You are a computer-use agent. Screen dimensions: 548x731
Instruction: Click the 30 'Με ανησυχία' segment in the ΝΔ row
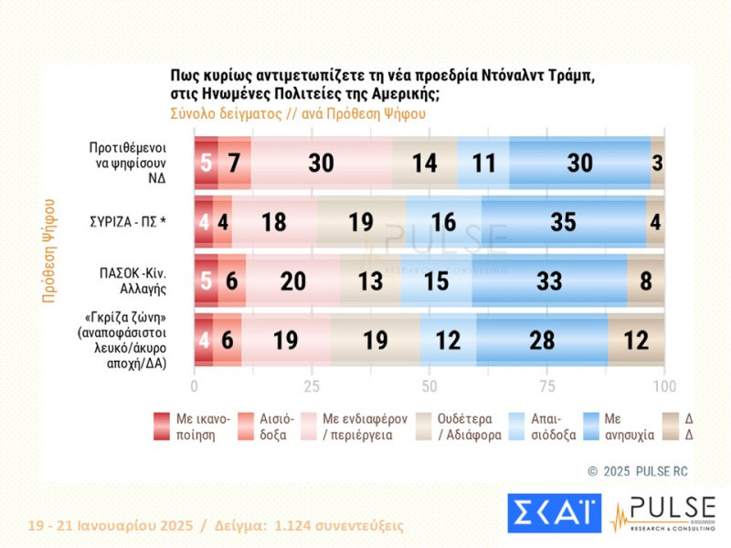(x=579, y=163)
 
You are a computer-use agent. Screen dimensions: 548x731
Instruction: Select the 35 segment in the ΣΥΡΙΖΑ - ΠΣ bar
(x=563, y=222)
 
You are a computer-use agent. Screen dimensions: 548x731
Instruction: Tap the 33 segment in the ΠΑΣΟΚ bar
(x=550, y=281)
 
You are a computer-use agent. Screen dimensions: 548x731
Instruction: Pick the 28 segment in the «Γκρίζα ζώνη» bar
(x=541, y=341)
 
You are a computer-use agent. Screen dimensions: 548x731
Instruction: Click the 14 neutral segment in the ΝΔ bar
(x=424, y=163)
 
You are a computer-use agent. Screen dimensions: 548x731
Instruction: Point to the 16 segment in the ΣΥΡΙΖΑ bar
(x=443, y=222)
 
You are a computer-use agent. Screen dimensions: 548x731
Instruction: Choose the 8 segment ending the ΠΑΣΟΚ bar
(x=646, y=281)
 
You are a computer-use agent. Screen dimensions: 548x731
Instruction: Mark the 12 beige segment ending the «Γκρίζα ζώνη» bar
(x=636, y=341)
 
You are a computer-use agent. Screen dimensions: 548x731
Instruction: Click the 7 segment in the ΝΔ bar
(x=234, y=163)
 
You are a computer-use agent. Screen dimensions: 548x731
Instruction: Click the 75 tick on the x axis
(x=546, y=385)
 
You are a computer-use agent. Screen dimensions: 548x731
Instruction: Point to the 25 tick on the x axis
(x=312, y=385)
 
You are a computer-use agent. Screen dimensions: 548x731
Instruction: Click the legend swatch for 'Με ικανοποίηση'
(x=161, y=426)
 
